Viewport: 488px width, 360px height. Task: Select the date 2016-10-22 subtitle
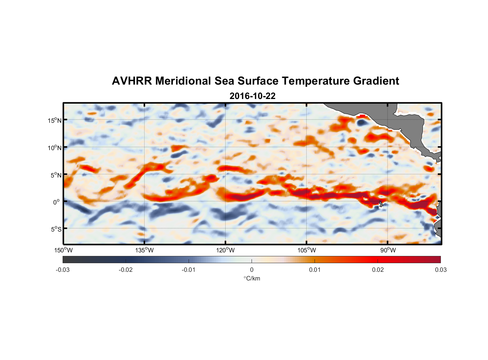pyautogui.click(x=252, y=96)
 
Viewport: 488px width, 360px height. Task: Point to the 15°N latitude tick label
pyautogui.click(x=55, y=120)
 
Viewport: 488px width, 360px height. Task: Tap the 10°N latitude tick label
pyautogui.click(x=55, y=148)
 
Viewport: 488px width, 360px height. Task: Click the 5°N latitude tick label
pyautogui.click(x=56, y=175)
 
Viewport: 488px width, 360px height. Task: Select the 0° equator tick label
pyautogui.click(x=57, y=202)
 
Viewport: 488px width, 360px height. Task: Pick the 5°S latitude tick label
pyautogui.click(x=56, y=229)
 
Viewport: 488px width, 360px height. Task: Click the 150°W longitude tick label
pyautogui.click(x=64, y=250)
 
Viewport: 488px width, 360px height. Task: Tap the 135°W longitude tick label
pyautogui.click(x=145, y=250)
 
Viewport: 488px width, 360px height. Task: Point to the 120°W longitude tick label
pyautogui.click(x=226, y=250)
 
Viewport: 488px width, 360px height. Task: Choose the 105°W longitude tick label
pyautogui.click(x=307, y=250)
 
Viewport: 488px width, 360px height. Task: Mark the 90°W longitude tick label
pyautogui.click(x=388, y=250)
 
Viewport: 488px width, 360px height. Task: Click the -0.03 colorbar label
pyautogui.click(x=63, y=270)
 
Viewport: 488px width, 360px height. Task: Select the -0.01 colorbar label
pyautogui.click(x=189, y=270)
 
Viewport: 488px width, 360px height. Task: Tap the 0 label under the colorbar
pyautogui.click(x=252, y=270)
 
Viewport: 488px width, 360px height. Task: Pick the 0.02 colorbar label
pyautogui.click(x=378, y=270)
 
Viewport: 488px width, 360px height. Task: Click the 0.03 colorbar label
pyautogui.click(x=440, y=270)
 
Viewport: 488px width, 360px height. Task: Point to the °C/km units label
pyautogui.click(x=252, y=278)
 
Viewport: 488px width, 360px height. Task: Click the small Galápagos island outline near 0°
pyautogui.click(x=381, y=204)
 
